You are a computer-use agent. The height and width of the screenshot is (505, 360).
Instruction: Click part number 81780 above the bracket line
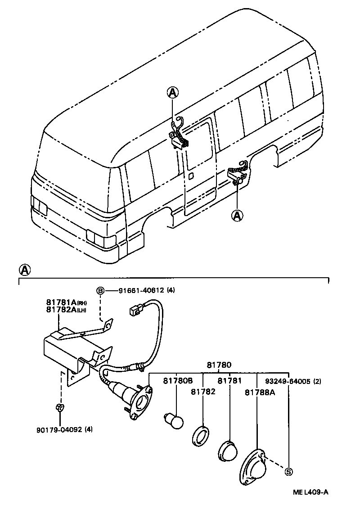tap(218, 365)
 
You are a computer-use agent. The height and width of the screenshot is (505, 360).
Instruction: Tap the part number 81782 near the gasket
tap(203, 392)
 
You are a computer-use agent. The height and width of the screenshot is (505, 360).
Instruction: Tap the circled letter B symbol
tap(100, 291)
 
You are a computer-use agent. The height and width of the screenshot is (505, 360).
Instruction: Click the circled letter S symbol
tap(288, 472)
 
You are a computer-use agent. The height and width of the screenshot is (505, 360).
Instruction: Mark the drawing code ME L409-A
tap(309, 492)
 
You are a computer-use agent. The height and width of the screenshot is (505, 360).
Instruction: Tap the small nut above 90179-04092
tap(59, 408)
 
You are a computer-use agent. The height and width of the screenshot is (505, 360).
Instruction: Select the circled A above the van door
tap(173, 93)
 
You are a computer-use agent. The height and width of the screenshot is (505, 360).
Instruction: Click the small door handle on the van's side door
tap(191, 175)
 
